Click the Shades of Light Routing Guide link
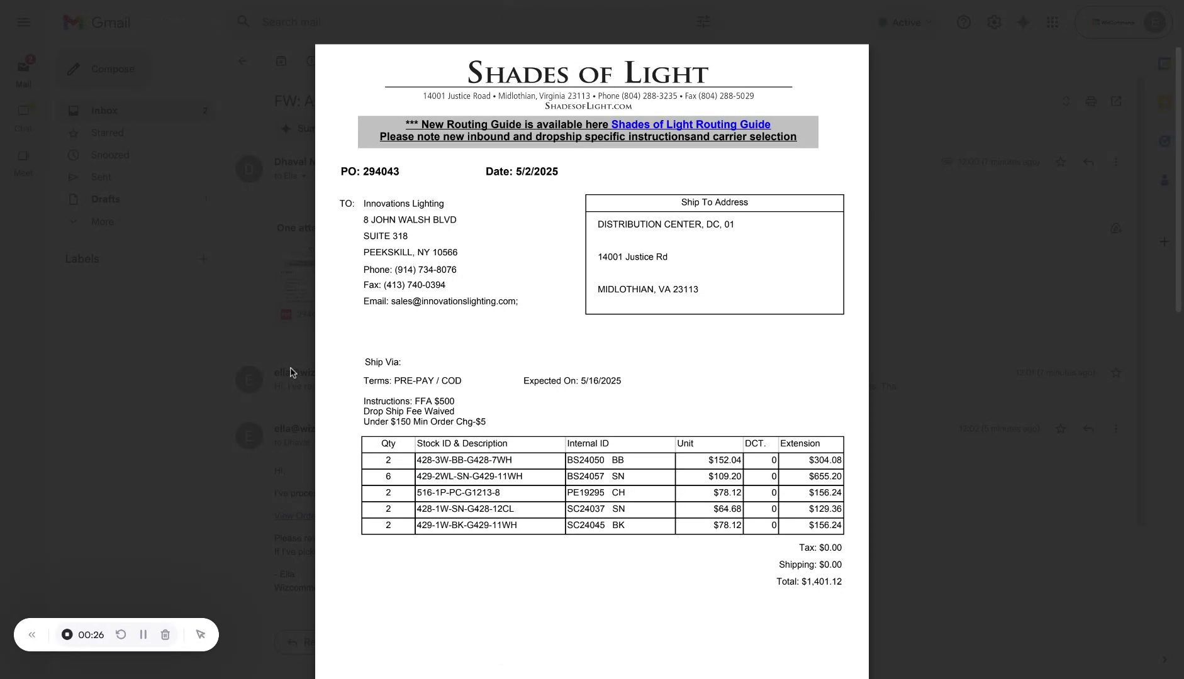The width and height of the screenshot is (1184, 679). (x=690, y=124)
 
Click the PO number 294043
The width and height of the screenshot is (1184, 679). (x=381, y=172)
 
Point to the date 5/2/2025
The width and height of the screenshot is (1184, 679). (x=537, y=172)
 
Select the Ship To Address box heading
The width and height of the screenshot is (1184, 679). (x=714, y=202)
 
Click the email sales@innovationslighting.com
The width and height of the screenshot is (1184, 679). (x=454, y=302)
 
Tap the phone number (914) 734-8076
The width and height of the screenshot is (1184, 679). (x=425, y=270)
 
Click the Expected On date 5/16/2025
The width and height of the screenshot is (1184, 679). (x=600, y=381)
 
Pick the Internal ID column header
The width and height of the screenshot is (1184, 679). (x=588, y=444)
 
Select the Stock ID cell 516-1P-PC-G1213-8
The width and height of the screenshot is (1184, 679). (x=458, y=493)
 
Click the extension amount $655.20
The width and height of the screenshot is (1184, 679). (x=825, y=477)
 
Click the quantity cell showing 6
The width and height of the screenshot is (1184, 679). (x=388, y=477)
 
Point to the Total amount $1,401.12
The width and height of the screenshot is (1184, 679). (x=821, y=582)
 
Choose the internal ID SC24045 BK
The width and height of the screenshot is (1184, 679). (x=595, y=526)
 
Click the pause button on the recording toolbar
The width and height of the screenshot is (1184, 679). (x=143, y=635)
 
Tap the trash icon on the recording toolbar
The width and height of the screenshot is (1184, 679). (x=165, y=635)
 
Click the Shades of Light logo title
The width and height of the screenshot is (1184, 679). (x=588, y=73)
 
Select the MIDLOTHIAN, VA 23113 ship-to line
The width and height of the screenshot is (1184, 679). (x=647, y=290)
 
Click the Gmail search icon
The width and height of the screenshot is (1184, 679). (x=243, y=22)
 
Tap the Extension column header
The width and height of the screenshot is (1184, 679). (x=800, y=444)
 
